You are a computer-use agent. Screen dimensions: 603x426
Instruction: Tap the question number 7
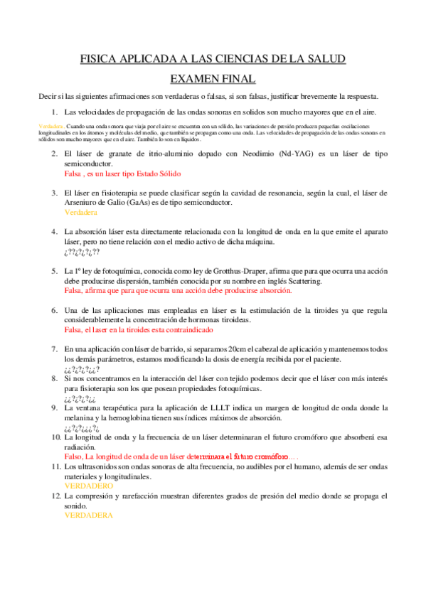54,349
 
